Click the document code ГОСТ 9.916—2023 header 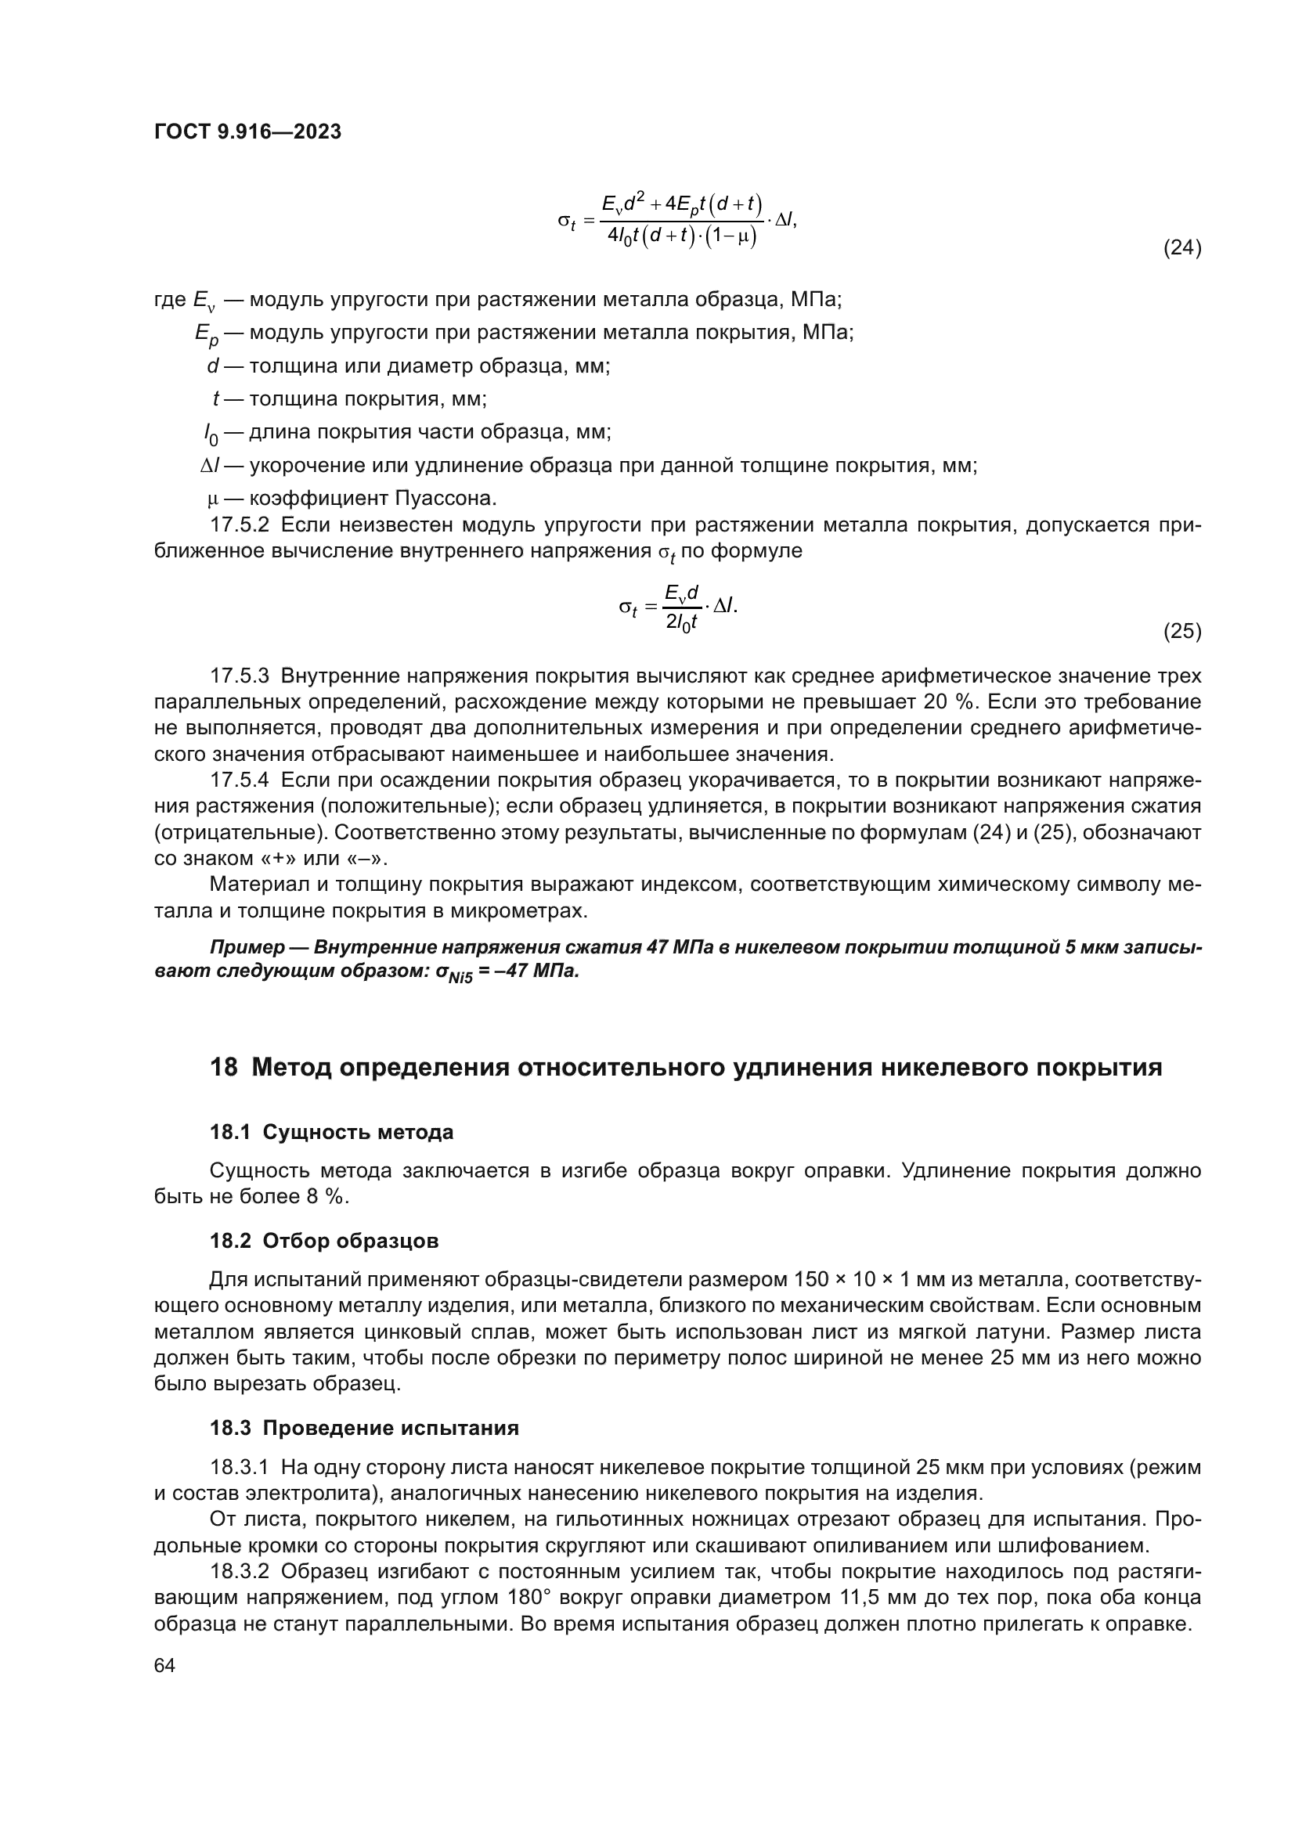coord(247,132)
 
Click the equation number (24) coord(1181,249)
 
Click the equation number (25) coord(1181,633)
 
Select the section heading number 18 coord(223,1068)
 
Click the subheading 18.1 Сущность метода coord(331,1133)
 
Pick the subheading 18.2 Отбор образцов coord(324,1242)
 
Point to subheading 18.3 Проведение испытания coord(363,1429)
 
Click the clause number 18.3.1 coord(240,1468)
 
